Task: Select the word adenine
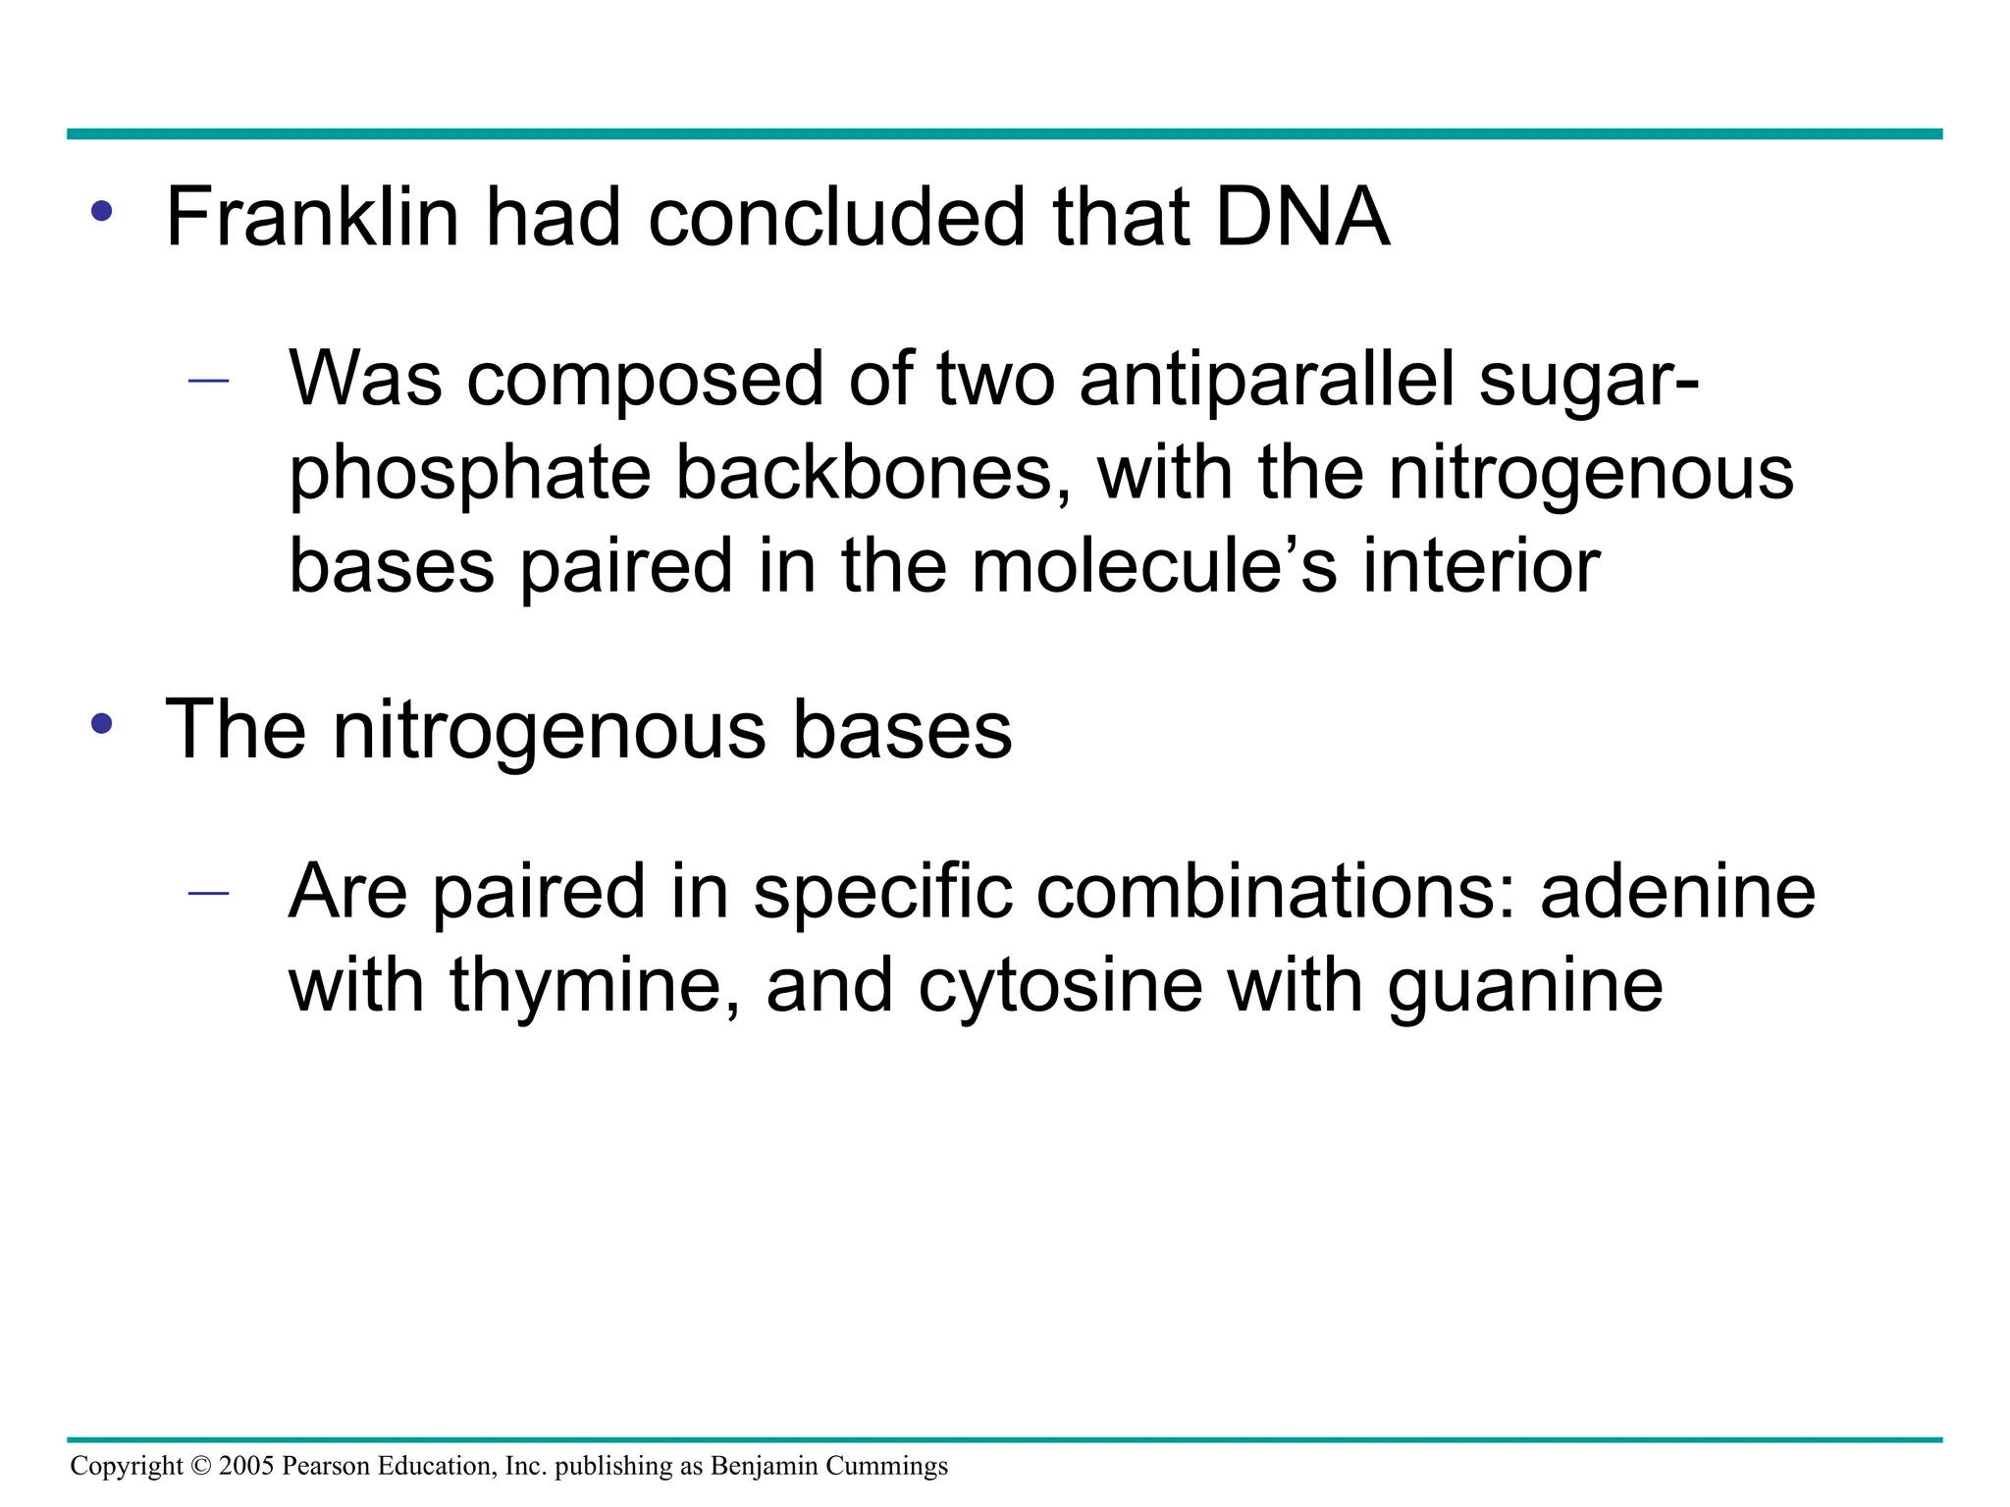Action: pyautogui.click(x=1677, y=891)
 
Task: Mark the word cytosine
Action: pyautogui.click(x=1060, y=986)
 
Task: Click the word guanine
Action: pyautogui.click(x=1525, y=986)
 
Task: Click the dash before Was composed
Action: pyautogui.click(x=208, y=381)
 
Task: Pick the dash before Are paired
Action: pyautogui.click(x=208, y=893)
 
